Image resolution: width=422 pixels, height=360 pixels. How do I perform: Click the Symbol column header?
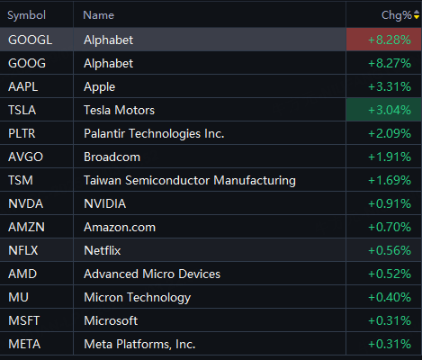click(x=26, y=15)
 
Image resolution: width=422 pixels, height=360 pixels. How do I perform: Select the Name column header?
click(x=98, y=15)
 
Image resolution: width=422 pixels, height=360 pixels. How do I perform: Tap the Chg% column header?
click(x=396, y=15)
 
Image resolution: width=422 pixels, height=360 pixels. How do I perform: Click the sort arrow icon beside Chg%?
click(x=417, y=14)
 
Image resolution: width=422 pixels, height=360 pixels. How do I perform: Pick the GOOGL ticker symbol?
click(x=30, y=40)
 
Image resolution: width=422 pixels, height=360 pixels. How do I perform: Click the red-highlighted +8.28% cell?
click(x=383, y=40)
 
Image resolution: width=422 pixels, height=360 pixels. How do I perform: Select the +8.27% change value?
click(x=390, y=63)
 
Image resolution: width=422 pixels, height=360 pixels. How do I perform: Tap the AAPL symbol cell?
click(x=22, y=86)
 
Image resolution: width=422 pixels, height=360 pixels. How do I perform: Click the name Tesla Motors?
click(x=119, y=110)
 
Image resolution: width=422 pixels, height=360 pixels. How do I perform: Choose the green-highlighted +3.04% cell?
click(x=383, y=110)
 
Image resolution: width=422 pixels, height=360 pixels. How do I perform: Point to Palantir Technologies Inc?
click(x=154, y=133)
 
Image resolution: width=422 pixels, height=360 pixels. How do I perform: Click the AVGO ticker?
click(x=25, y=157)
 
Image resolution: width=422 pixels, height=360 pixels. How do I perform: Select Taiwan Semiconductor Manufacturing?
click(x=190, y=181)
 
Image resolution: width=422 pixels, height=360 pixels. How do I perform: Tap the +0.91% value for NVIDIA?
click(x=390, y=203)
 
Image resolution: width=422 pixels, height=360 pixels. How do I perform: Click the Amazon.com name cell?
click(x=120, y=227)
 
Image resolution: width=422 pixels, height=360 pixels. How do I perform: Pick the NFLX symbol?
click(x=23, y=250)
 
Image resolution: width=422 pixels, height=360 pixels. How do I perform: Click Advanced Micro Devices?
click(x=152, y=274)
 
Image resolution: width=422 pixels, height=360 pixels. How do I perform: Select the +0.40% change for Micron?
click(x=390, y=297)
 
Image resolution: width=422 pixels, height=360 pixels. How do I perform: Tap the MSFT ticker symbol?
click(x=23, y=320)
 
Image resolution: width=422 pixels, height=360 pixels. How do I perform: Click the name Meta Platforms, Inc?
click(x=139, y=344)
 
